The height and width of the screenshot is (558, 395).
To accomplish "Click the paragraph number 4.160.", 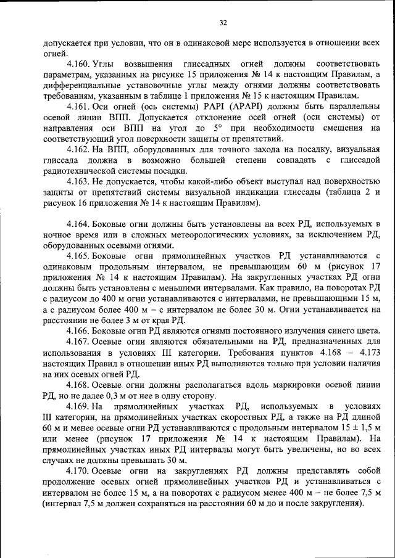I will [x=79, y=64].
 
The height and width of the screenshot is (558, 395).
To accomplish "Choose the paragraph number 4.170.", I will [x=79, y=471].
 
